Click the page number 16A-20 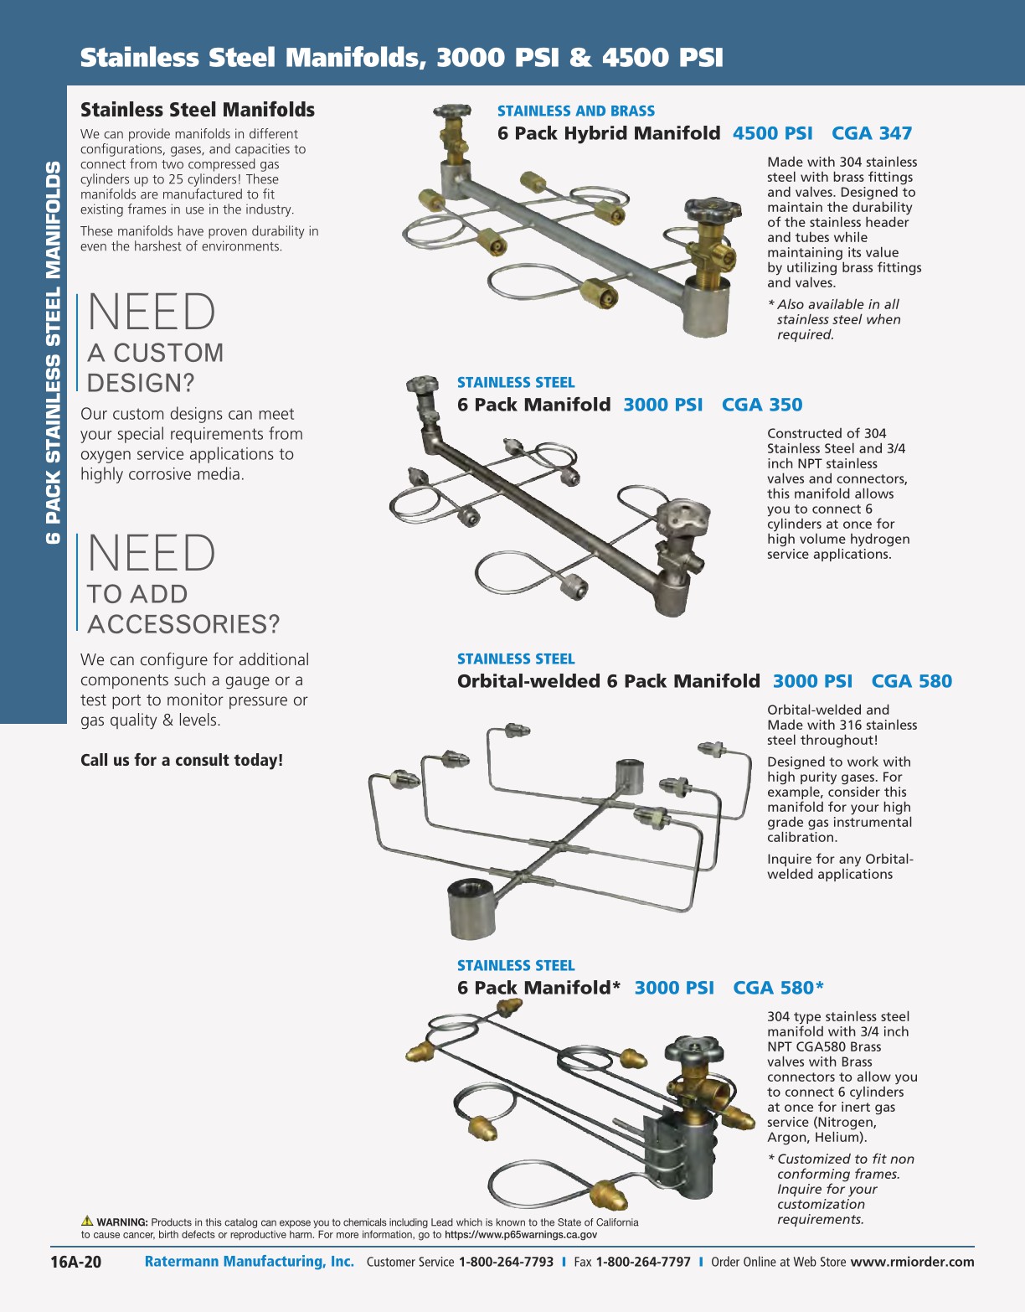tap(75, 1262)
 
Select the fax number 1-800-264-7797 tap(643, 1262)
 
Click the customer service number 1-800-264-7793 tap(506, 1262)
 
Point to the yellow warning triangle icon tap(87, 1221)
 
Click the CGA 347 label tap(872, 133)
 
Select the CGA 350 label tap(762, 405)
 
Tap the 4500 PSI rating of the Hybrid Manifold tap(773, 133)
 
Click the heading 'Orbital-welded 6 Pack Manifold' tap(608, 681)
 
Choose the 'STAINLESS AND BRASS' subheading tap(575, 111)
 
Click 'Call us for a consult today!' tap(182, 760)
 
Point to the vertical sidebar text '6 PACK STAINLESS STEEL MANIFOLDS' tap(54, 352)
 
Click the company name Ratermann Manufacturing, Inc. tap(250, 1262)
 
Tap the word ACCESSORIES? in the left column tap(183, 624)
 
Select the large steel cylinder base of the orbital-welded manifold tap(471, 908)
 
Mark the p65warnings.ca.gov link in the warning tap(521, 1235)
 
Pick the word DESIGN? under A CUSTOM tap(142, 383)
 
